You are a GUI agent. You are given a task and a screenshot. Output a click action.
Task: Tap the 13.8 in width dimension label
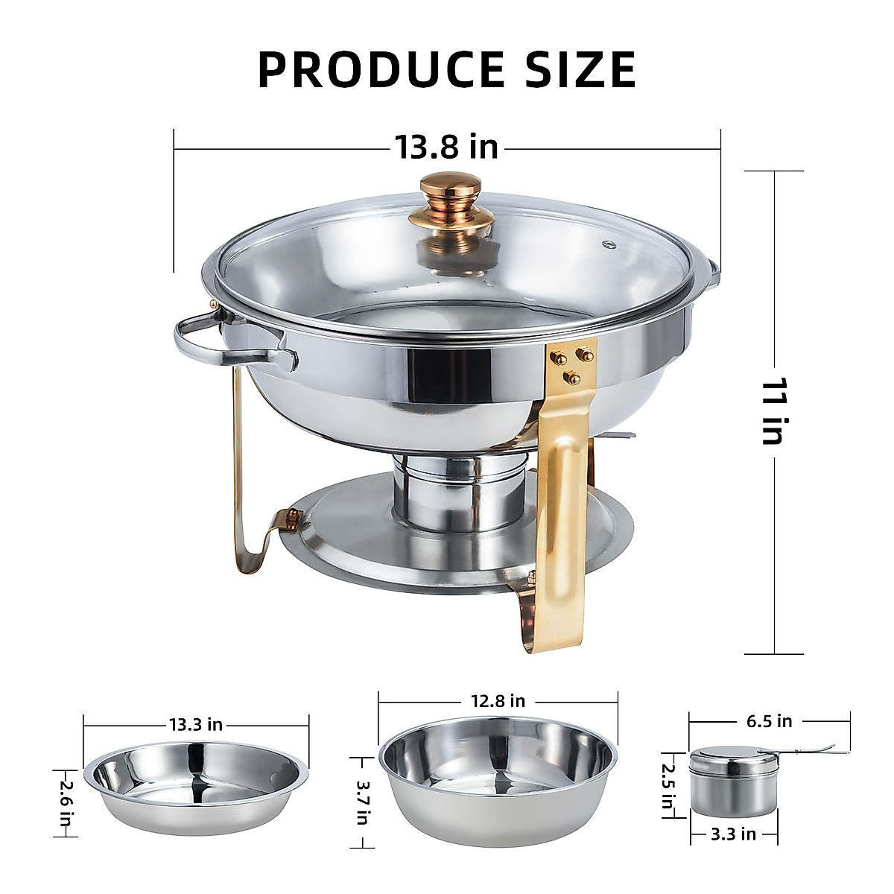tap(446, 147)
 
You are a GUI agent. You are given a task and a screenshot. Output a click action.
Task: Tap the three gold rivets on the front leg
tap(568, 366)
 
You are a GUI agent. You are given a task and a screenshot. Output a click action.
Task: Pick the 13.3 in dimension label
tap(195, 724)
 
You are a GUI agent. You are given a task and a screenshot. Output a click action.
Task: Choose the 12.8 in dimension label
tap(497, 701)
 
